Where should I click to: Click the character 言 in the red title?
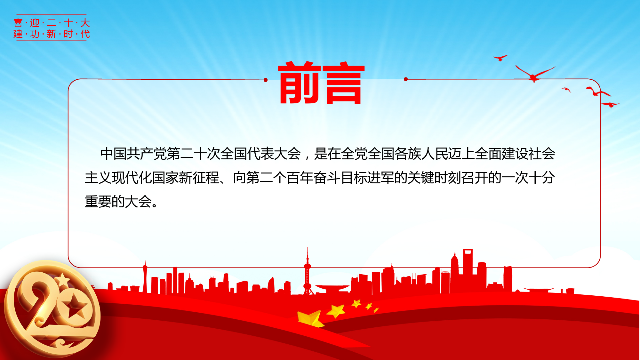point(344,84)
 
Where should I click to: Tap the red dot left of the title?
point(266,80)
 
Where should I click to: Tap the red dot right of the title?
point(406,79)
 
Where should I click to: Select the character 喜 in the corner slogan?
point(18,23)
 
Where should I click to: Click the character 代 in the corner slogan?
point(85,34)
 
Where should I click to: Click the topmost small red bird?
point(500,58)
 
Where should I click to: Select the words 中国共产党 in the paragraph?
point(133,154)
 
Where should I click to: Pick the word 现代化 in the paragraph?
point(132,178)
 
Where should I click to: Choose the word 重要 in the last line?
point(98,202)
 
